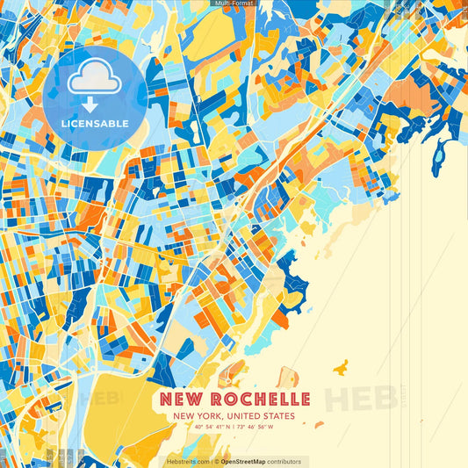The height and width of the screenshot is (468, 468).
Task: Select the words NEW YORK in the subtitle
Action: [x=196, y=415]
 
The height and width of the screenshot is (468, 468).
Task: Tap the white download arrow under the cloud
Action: [x=89, y=104]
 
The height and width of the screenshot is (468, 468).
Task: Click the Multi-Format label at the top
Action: [x=234, y=4]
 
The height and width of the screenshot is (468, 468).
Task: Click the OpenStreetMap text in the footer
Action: [x=248, y=461]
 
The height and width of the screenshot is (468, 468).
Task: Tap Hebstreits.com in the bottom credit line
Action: [x=187, y=461]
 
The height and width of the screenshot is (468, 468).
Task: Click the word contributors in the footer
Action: [x=285, y=461]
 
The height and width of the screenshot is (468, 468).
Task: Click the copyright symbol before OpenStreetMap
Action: [x=216, y=461]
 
